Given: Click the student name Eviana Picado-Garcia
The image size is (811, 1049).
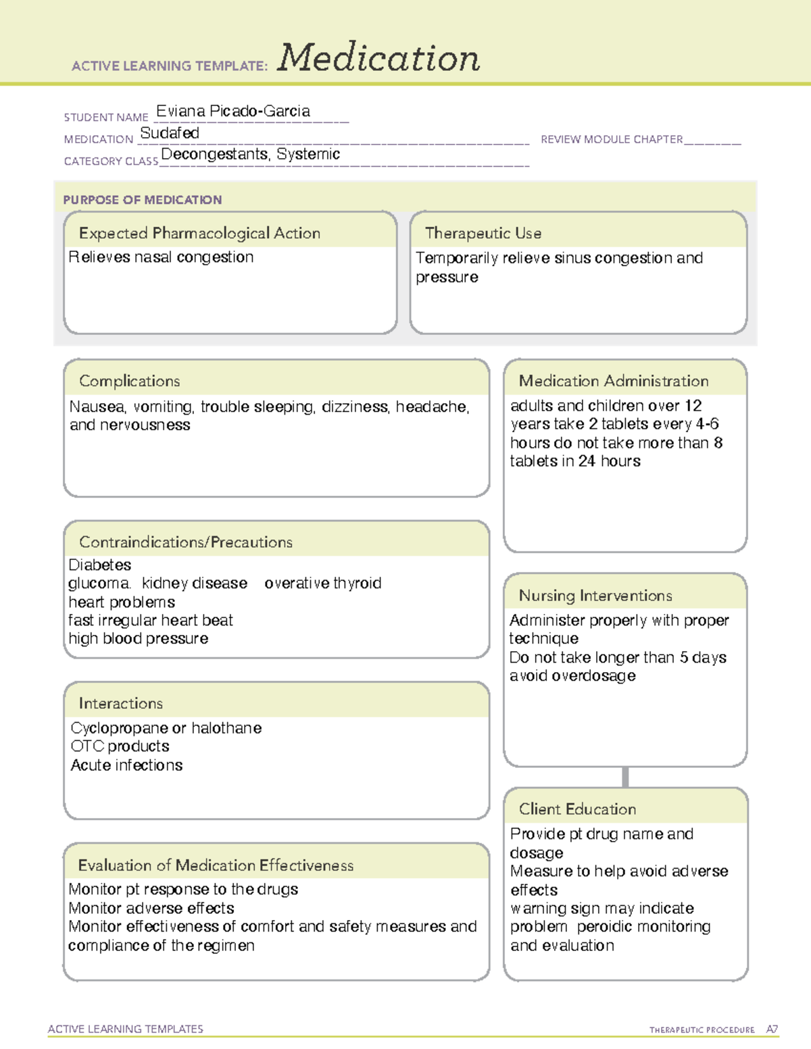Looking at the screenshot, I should (233, 111).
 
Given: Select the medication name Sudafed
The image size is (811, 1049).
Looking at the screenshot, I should (170, 133).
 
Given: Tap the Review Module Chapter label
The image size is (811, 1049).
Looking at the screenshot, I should (612, 139).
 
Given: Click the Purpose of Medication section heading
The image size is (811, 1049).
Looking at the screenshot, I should (143, 200).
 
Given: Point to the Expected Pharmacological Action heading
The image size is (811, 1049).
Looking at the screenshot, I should (199, 233).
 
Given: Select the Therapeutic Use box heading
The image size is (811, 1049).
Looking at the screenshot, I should (483, 233).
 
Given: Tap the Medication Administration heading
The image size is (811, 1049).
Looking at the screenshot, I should (614, 381).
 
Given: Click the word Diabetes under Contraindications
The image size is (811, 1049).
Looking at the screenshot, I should (100, 565).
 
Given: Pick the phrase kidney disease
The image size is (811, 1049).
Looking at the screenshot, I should (195, 583).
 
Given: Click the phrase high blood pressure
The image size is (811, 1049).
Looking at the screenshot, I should (139, 638).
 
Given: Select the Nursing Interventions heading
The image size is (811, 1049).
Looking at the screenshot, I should (595, 596).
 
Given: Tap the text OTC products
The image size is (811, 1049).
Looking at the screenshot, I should (120, 746).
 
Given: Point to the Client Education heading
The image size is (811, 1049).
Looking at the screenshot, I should (577, 809).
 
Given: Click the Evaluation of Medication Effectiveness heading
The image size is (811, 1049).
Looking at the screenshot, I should (216, 865).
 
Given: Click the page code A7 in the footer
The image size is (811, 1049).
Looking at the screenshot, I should (772, 1029).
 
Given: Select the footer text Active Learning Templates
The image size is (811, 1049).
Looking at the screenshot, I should (126, 1029).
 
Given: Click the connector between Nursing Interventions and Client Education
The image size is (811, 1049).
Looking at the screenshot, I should (625, 777).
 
